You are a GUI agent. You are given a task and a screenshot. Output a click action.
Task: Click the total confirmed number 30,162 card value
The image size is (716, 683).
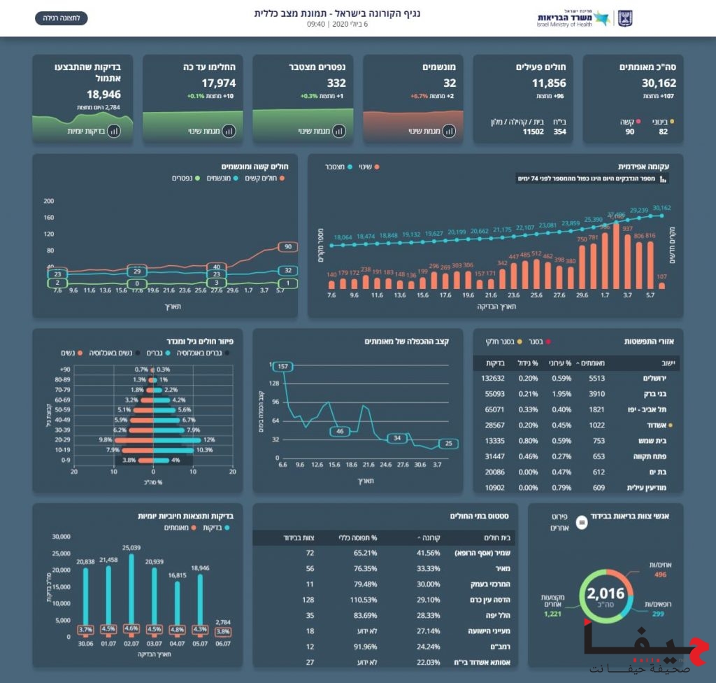coord(659,83)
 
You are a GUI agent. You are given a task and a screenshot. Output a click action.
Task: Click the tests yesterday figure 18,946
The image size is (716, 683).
coord(103,94)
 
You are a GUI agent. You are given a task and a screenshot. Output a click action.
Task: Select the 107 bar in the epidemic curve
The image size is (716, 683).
coord(662,283)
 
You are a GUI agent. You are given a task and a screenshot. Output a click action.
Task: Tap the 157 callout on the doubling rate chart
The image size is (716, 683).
coord(282,367)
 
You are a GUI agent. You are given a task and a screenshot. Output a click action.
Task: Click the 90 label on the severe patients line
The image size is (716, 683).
coord(287,246)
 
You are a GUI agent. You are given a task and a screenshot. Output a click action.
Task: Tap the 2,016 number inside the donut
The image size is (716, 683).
coord(606,594)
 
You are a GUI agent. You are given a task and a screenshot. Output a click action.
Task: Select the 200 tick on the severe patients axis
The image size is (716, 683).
coord(48,201)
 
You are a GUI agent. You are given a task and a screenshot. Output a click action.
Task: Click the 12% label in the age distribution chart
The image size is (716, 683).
coord(208,439)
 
